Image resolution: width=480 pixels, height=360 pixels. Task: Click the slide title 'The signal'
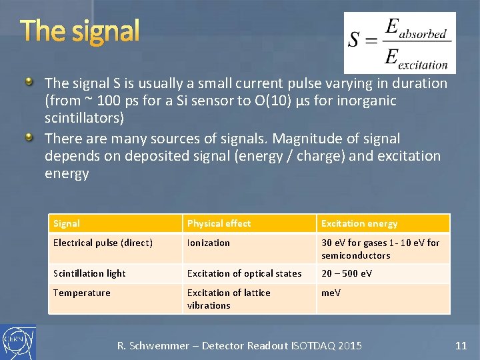coord(80,31)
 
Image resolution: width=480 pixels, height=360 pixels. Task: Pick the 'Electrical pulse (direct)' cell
coord(103,243)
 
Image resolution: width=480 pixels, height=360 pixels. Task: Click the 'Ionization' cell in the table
coord(208,243)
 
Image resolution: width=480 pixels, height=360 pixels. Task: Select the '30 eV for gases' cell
coord(380,249)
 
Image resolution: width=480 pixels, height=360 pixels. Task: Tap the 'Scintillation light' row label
coord(89,273)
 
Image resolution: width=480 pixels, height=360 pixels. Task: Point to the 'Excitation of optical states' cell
coord(244,273)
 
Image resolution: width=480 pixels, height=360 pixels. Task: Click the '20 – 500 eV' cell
coord(347,273)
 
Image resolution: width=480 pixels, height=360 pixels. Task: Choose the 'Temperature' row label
coord(81,293)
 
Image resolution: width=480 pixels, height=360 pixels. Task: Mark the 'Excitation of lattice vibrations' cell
coord(229,299)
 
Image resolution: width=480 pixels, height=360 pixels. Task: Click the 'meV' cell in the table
coord(331,293)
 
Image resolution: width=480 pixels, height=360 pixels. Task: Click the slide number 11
coord(461,345)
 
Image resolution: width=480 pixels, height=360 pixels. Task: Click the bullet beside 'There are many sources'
coord(29,137)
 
